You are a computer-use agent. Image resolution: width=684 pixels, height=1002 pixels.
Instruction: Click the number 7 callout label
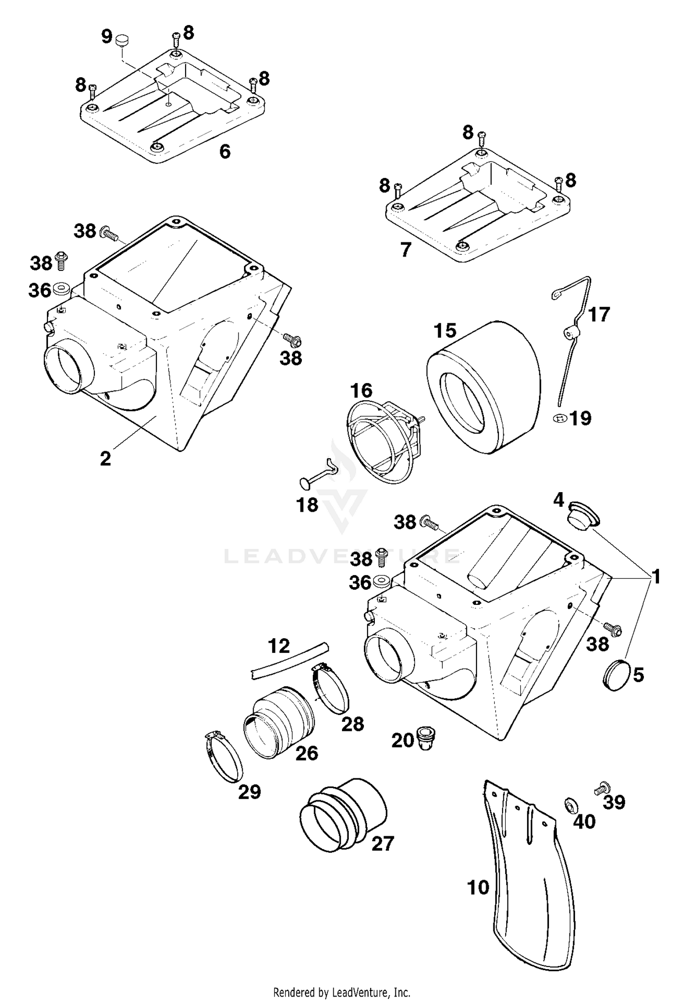[405, 250]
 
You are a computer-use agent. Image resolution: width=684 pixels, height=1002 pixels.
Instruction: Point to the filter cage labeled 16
[378, 441]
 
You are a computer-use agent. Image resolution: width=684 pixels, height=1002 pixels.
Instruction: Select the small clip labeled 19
[560, 417]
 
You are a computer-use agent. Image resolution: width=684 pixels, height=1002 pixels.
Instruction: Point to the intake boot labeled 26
[278, 721]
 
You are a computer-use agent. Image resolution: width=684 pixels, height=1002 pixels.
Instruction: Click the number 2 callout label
[105, 458]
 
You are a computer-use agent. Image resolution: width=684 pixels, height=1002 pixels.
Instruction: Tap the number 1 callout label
[656, 577]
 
